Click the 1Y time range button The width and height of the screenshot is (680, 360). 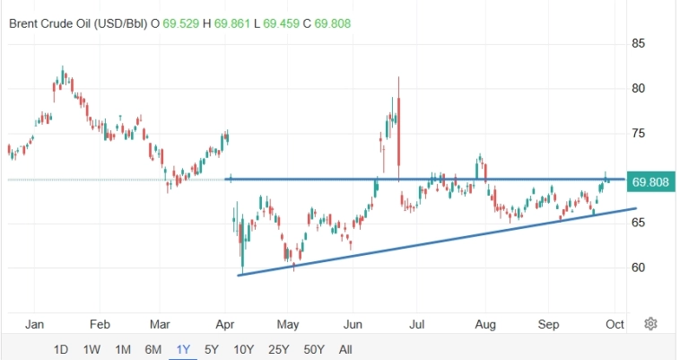(183, 349)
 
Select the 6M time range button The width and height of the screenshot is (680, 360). (153, 349)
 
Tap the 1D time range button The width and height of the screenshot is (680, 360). (61, 349)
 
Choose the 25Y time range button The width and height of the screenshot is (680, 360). (278, 349)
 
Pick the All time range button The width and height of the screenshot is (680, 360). (345, 349)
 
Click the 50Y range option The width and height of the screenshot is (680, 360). (314, 349)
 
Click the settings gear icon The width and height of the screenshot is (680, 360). (652, 323)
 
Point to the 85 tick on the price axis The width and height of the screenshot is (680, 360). (640, 43)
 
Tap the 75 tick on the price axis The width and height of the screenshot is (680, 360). (640, 133)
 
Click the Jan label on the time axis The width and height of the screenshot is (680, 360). (35, 323)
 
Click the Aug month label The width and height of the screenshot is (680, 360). (485, 323)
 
